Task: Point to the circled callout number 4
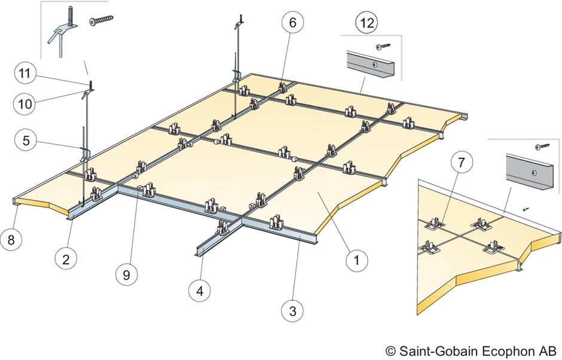(200, 291)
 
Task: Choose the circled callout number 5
(26, 141)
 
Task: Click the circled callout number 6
(293, 23)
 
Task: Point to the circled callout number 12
(366, 23)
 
